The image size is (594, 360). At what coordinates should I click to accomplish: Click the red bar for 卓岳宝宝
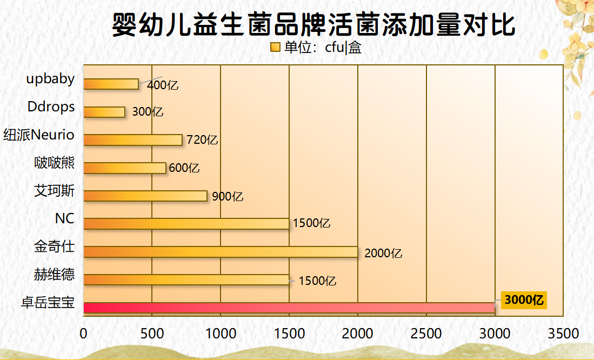(289, 308)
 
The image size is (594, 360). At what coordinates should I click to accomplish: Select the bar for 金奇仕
(221, 252)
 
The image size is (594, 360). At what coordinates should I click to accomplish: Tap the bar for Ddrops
(104, 112)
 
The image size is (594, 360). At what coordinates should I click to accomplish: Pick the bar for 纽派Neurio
(133, 139)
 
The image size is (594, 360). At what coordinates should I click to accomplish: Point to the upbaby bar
(111, 84)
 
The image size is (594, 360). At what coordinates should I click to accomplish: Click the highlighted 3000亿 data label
(524, 300)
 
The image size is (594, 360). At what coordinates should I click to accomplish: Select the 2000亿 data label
(383, 253)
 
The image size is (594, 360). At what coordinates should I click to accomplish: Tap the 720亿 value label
(202, 140)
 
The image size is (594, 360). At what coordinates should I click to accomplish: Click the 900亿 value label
(228, 196)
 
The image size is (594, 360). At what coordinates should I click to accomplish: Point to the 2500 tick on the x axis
(426, 334)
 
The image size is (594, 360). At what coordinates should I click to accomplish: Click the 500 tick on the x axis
(152, 334)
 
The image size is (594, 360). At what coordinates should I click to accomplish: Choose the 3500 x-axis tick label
(563, 334)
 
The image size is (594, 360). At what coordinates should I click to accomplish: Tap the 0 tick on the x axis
(84, 334)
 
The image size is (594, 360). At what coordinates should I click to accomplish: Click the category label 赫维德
(54, 276)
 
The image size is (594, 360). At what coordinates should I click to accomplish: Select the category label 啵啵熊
(54, 163)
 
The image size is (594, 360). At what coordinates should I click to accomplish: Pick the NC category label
(64, 219)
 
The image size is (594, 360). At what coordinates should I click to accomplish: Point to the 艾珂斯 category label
(54, 191)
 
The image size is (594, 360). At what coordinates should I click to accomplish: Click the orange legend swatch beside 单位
(275, 48)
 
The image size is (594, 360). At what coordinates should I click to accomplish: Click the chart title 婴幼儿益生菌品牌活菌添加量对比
(313, 24)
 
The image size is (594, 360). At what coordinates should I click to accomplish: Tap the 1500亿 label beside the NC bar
(311, 223)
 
